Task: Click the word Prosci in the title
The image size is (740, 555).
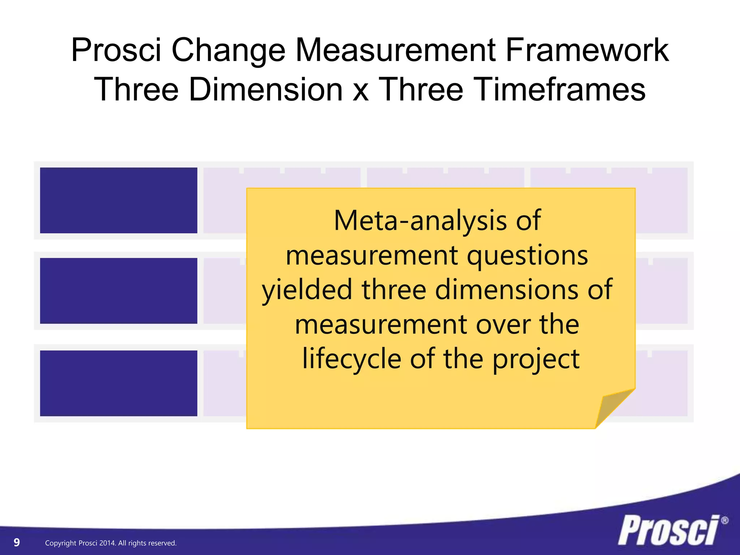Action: click(x=116, y=51)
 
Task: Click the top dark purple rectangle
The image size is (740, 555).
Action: click(x=119, y=200)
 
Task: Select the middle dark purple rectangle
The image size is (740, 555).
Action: click(x=119, y=291)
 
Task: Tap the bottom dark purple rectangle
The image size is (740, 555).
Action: click(x=119, y=383)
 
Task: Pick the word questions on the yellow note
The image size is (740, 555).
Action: click(x=527, y=256)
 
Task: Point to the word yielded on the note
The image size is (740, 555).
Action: click(x=307, y=290)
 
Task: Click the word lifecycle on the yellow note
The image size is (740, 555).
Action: click(x=352, y=359)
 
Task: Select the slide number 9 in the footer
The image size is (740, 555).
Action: click(x=17, y=542)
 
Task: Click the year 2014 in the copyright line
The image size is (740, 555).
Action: click(x=107, y=543)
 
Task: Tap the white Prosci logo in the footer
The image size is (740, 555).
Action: click(x=668, y=530)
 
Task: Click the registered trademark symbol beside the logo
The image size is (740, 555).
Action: click(x=724, y=521)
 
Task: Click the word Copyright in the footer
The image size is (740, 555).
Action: click(x=60, y=543)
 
